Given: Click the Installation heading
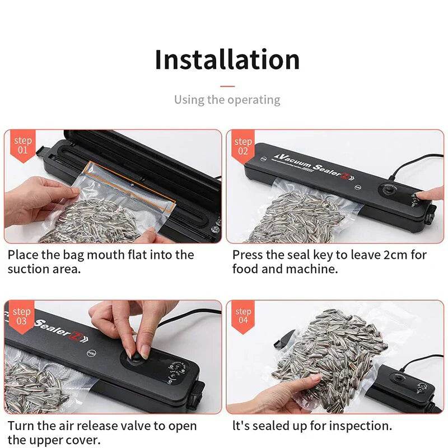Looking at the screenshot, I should coord(227,60).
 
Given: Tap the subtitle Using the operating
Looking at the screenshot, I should coord(227,100).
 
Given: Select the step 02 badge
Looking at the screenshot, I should coord(243,146).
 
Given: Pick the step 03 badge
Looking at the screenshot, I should coord(21,316).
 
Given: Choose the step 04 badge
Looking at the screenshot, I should coord(243,316).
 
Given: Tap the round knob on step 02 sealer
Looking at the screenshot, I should coord(388,190).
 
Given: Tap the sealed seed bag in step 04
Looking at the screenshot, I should coord(330,347).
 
